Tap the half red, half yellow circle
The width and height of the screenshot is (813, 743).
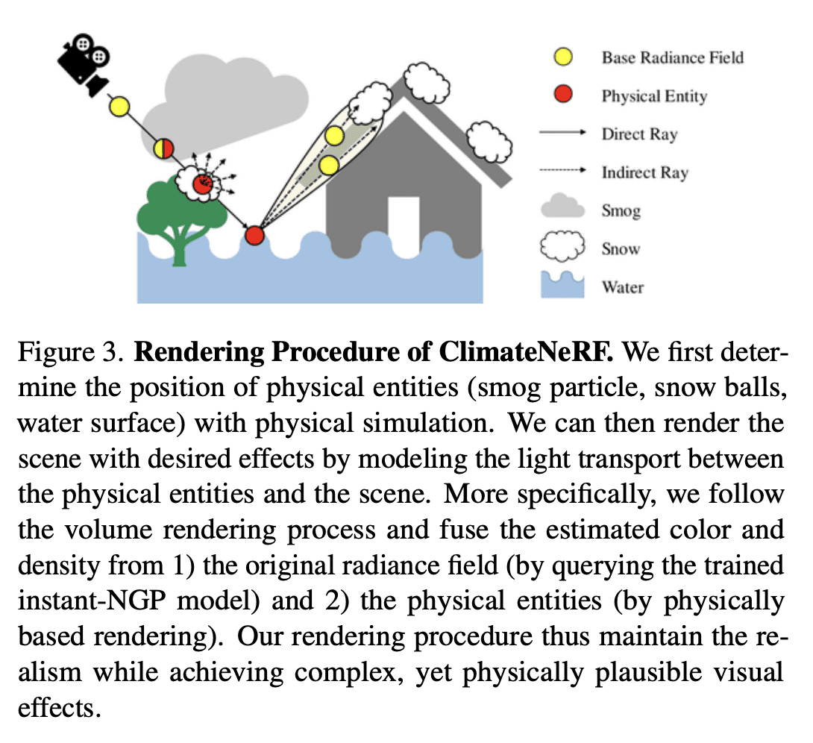(163, 148)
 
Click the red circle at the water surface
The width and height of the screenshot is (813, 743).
(254, 236)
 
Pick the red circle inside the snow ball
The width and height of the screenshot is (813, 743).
(201, 184)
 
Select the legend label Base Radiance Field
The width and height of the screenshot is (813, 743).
(672, 57)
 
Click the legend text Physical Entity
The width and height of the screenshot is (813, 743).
(654, 96)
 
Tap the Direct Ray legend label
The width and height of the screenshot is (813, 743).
(639, 134)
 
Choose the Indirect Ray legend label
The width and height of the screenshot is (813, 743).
(644, 172)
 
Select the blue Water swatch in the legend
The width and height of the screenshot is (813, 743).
(563, 286)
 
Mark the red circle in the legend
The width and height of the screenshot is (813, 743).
(563, 95)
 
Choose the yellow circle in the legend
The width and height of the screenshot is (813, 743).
(563, 57)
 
